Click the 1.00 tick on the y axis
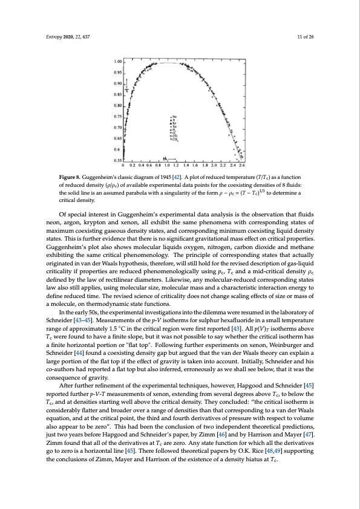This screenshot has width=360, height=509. [x=118, y=62]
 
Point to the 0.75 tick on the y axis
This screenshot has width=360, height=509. [x=118, y=116]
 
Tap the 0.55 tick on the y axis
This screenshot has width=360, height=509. [x=118, y=160]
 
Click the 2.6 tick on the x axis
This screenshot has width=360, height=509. [x=242, y=164]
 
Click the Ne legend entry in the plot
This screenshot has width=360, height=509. [x=175, y=117]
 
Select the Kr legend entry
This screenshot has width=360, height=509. [x=175, y=125]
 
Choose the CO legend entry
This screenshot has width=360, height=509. [x=175, y=137]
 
